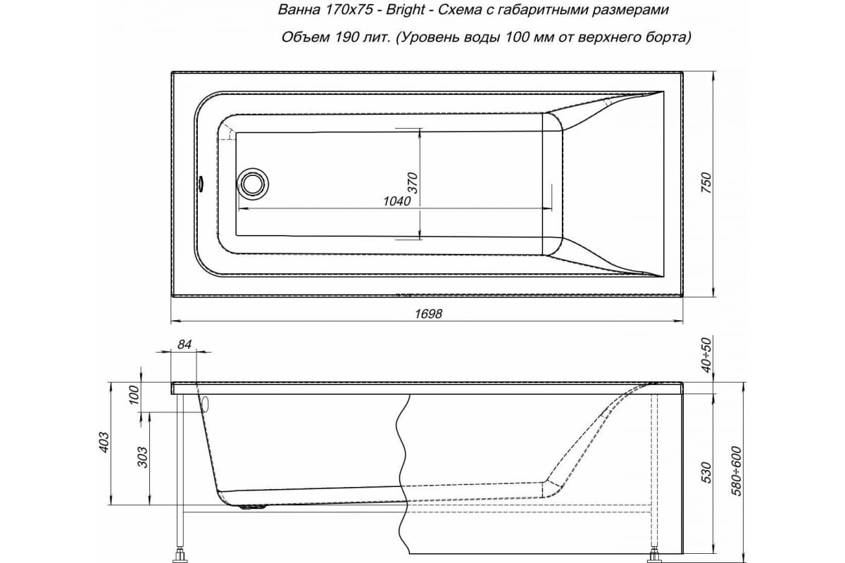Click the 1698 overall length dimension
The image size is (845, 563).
(427, 315)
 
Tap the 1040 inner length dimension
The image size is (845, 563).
(397, 201)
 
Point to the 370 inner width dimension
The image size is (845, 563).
(413, 182)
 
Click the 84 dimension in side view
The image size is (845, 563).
(184, 345)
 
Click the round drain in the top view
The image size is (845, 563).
(252, 183)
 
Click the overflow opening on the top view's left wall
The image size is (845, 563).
(199, 183)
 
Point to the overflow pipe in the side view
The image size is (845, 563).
(205, 404)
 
